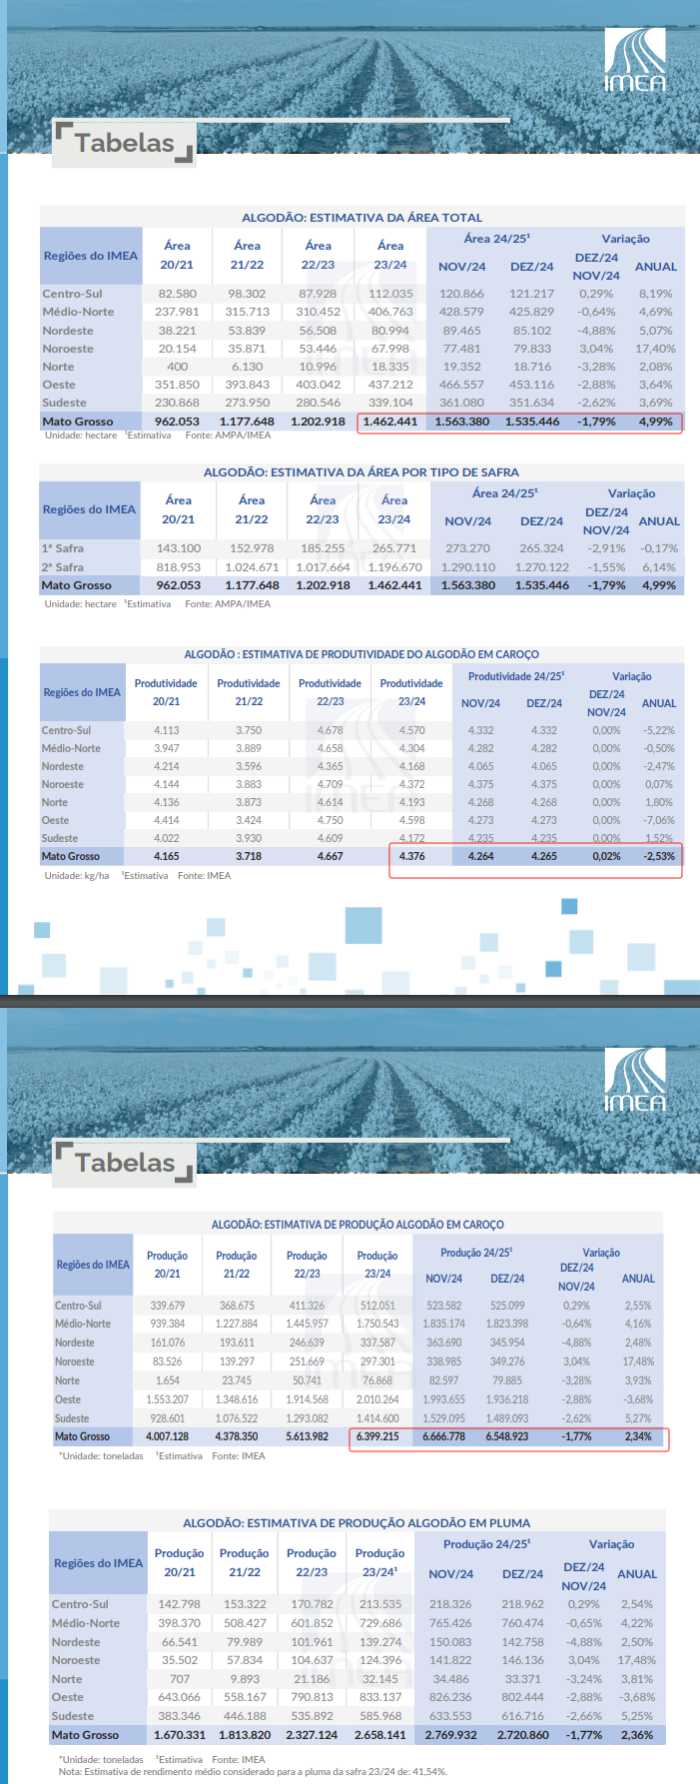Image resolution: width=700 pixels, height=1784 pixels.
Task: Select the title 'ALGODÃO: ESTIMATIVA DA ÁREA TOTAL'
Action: click(x=361, y=217)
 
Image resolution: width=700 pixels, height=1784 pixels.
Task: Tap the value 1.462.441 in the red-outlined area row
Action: click(x=390, y=422)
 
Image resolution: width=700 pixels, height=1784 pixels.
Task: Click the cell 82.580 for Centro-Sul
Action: click(x=177, y=294)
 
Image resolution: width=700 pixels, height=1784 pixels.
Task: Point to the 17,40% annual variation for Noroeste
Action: click(x=655, y=349)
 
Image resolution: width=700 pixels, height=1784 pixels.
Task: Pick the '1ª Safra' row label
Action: click(x=63, y=548)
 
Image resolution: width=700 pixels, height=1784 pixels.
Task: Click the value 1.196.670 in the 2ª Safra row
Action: click(x=394, y=567)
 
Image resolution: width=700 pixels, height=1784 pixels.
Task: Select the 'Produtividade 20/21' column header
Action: click(x=166, y=692)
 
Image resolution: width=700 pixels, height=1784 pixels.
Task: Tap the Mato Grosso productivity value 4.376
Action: click(x=411, y=856)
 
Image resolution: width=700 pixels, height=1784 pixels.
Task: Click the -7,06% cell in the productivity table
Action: click(x=658, y=820)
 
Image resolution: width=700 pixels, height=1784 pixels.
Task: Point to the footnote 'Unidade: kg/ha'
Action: click(x=77, y=876)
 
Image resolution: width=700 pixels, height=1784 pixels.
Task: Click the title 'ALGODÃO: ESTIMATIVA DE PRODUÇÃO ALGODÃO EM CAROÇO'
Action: click(x=357, y=1225)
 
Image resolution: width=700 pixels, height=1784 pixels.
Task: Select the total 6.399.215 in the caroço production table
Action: click(x=377, y=1436)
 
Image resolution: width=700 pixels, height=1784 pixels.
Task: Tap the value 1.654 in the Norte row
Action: click(x=167, y=1380)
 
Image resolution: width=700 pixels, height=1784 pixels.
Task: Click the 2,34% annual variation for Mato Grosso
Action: click(x=637, y=1436)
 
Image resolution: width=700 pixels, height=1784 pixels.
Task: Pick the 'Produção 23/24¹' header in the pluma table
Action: click(x=379, y=1562)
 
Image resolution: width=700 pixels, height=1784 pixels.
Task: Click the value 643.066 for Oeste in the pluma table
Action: click(x=180, y=1697)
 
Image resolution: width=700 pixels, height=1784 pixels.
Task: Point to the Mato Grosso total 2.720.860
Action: click(x=522, y=1735)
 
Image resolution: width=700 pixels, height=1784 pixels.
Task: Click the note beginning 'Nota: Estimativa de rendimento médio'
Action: click(x=253, y=1772)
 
